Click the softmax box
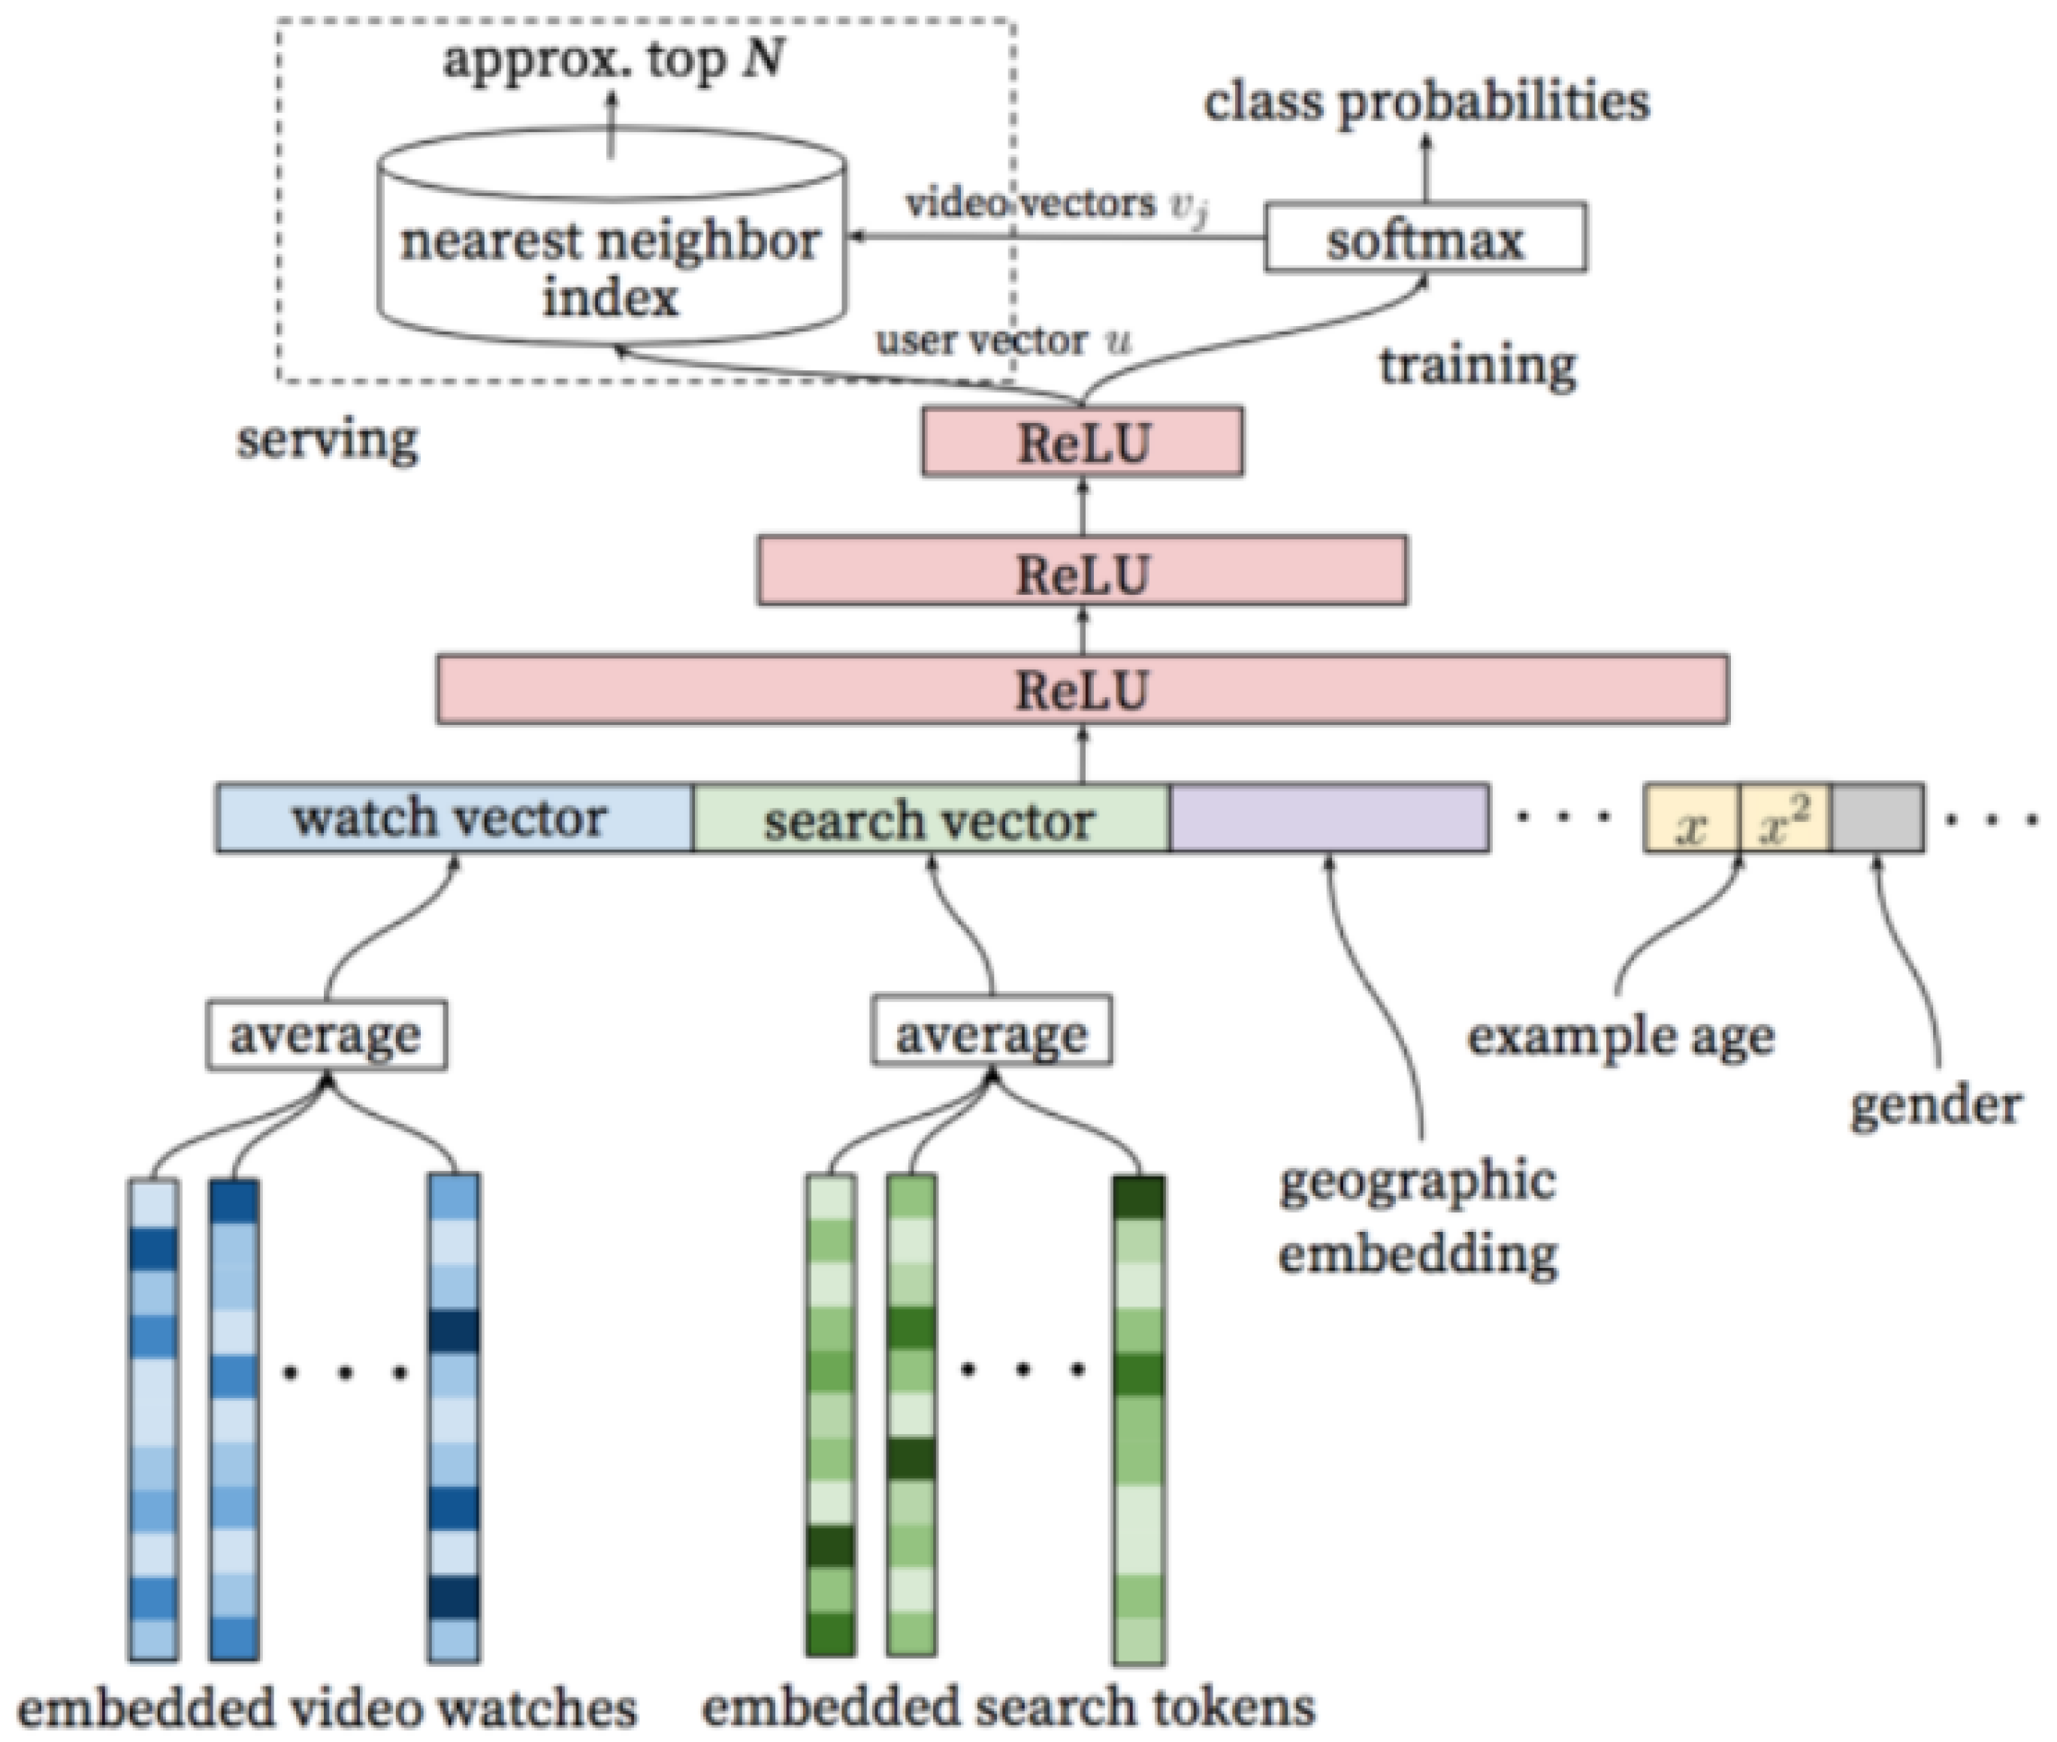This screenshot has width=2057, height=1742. coord(1425,238)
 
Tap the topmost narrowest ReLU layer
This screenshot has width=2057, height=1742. coord(1083,442)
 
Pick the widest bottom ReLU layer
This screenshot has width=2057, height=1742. coord(1083,690)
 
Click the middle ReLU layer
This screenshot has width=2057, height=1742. coord(1083,571)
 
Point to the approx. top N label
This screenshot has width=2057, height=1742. coord(615,60)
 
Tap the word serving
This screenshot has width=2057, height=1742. coord(327,439)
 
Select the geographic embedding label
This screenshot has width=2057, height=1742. coord(1418,1217)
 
